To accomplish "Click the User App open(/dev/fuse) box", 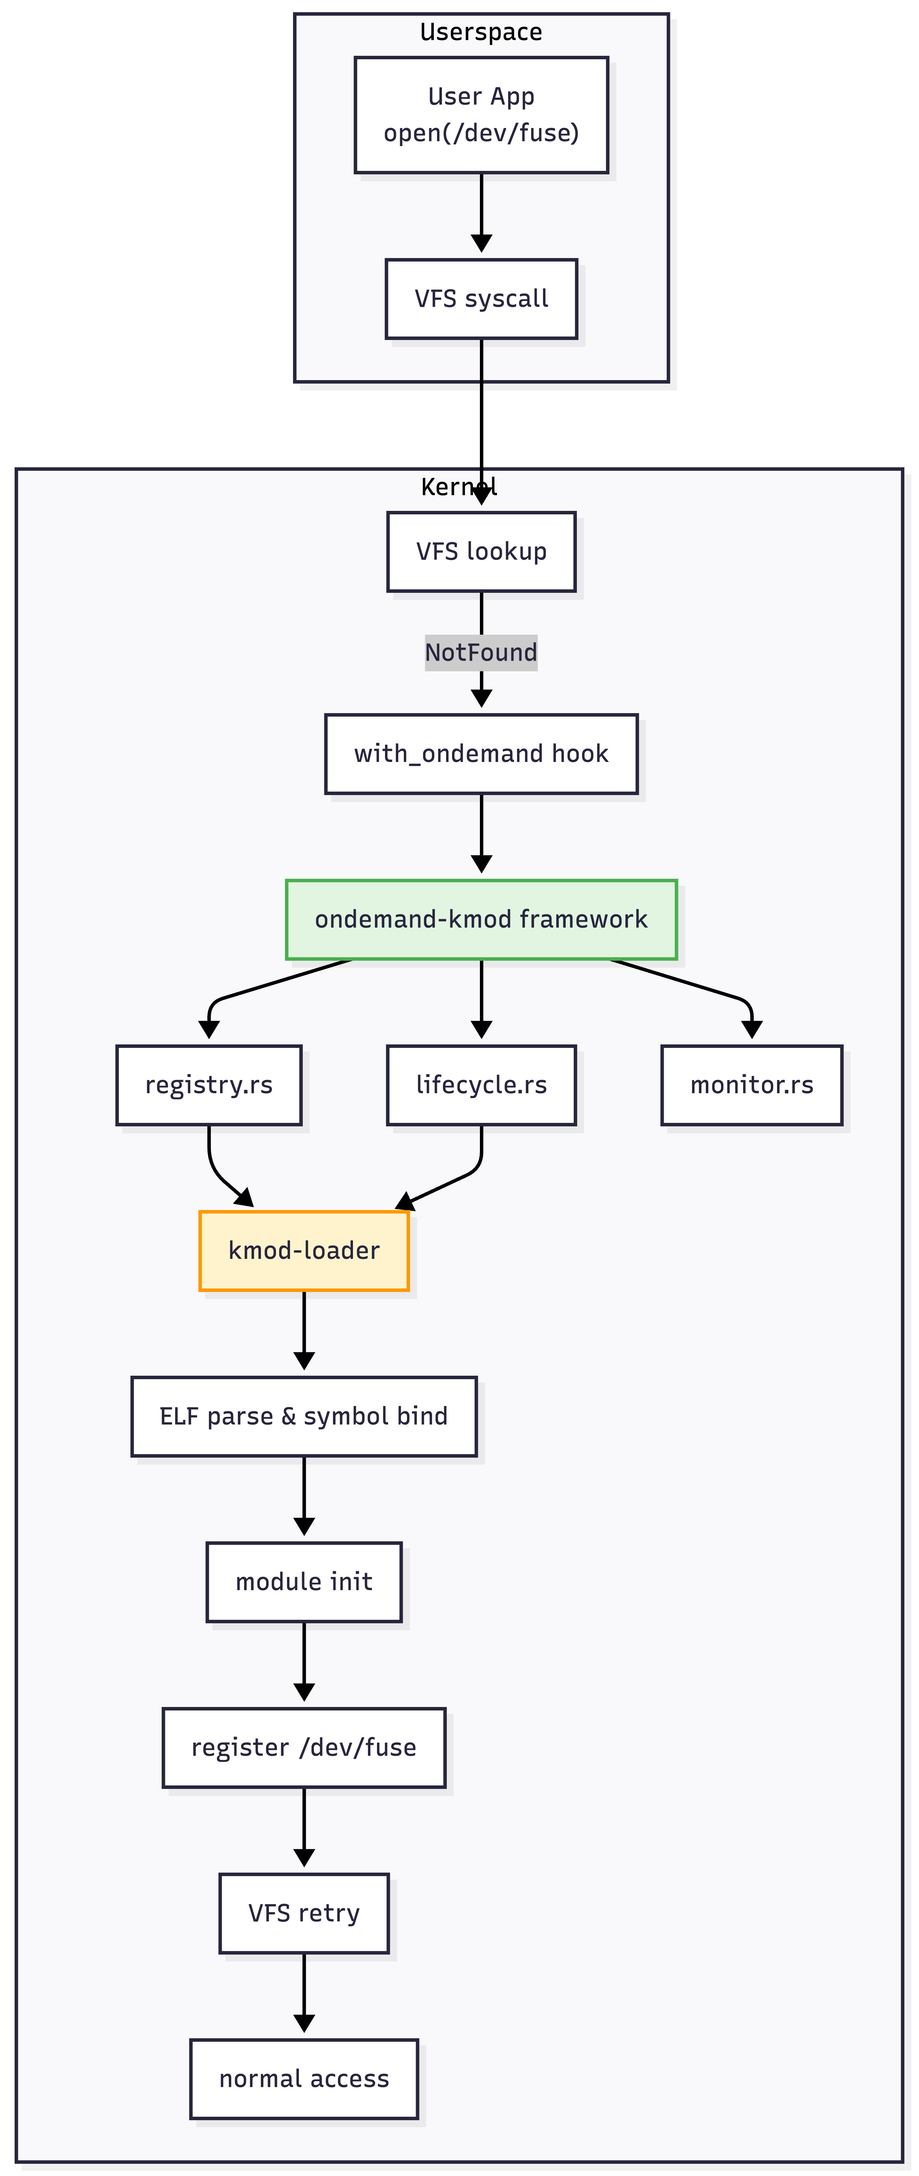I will pyautogui.click(x=481, y=115).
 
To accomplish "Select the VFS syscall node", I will pyautogui.click(x=481, y=299).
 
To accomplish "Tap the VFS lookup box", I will pyautogui.click(x=481, y=552).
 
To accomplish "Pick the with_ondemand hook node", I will pyautogui.click(x=481, y=754).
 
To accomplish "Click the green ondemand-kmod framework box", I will pyautogui.click(x=481, y=919).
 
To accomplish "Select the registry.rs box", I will pyautogui.click(x=209, y=1085).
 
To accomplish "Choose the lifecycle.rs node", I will pyautogui.click(x=481, y=1085).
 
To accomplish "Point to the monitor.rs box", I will pyautogui.click(x=752, y=1085).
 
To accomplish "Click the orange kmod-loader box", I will pyautogui.click(x=304, y=1250).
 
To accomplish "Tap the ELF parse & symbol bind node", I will pyautogui.click(x=304, y=1416).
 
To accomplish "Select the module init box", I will pyautogui.click(x=304, y=1581).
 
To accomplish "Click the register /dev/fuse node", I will pyautogui.click(x=304, y=1747).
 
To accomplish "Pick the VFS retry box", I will pyautogui.click(x=304, y=1912).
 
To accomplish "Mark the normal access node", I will pyautogui.click(x=304, y=2078).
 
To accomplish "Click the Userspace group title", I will pyautogui.click(x=481, y=32).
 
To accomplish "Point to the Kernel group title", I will pyautogui.click(x=459, y=486).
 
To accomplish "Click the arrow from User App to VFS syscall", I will pyautogui.click(x=481, y=211).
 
